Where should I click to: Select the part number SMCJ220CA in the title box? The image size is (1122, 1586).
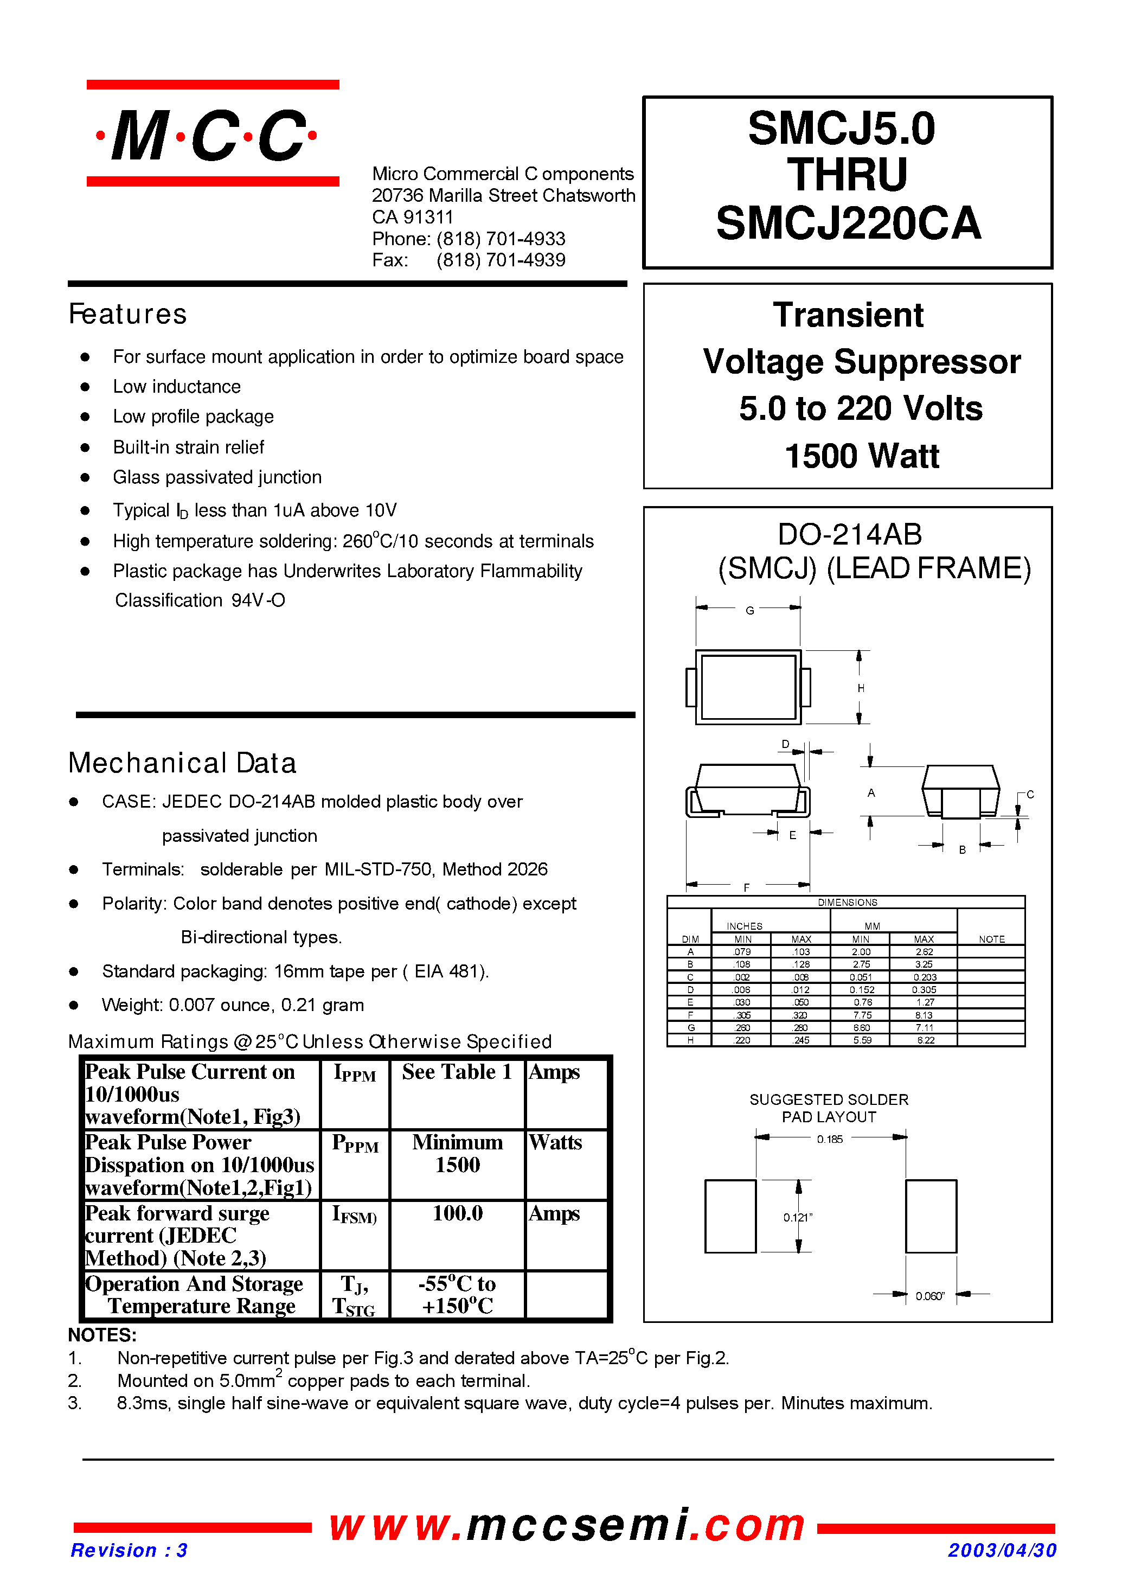[x=848, y=224]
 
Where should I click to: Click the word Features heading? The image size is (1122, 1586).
[x=128, y=315]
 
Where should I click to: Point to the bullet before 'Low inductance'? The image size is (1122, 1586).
[x=85, y=387]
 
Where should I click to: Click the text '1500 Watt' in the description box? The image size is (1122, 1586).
[x=862, y=456]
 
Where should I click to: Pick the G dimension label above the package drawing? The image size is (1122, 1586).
[x=749, y=611]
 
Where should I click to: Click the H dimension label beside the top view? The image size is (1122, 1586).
[x=861, y=688]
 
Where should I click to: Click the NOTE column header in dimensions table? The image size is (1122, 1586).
[x=991, y=939]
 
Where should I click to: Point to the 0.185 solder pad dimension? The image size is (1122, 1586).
[x=830, y=1140]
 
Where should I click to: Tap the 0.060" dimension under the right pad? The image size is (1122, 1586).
[x=929, y=1296]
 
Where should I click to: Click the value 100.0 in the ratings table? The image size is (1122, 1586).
[x=457, y=1213]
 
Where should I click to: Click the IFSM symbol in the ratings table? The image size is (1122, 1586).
[x=355, y=1215]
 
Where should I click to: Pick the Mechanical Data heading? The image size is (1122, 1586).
[x=182, y=764]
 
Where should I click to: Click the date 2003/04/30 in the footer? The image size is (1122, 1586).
[x=1002, y=1550]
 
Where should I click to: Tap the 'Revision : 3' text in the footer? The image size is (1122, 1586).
[x=129, y=1550]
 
